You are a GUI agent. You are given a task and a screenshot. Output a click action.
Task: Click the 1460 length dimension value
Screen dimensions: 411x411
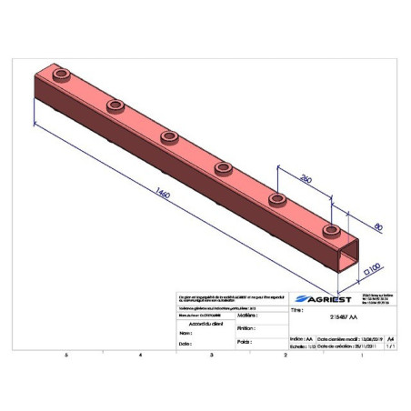point(165,194)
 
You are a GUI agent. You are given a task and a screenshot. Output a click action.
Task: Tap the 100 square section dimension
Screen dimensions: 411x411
point(371,271)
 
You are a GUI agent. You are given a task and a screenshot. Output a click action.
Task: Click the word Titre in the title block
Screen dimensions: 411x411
point(296,311)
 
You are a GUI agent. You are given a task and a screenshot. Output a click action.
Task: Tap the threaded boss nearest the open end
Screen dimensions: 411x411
point(333,229)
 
